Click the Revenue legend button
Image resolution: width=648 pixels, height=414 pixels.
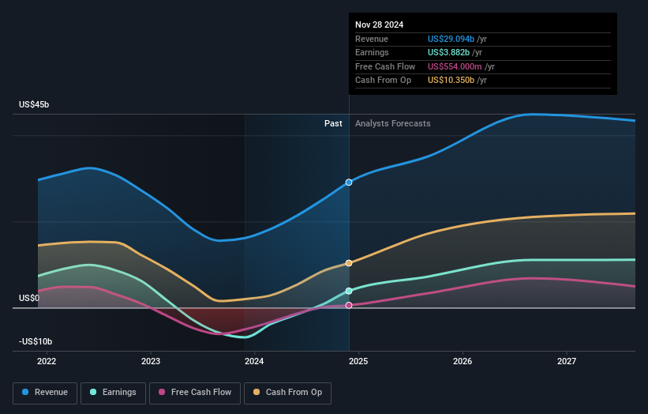point(46,392)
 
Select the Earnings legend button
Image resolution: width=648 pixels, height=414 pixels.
point(113,392)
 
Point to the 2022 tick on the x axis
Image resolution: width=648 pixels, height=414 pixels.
point(47,362)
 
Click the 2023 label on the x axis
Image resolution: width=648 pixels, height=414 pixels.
point(151,362)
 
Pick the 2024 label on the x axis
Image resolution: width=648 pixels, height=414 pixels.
point(254,362)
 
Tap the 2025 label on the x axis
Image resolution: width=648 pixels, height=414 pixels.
point(358,362)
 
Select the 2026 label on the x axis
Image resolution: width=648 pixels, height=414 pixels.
point(463,362)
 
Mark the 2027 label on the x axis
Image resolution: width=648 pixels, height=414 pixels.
point(566,362)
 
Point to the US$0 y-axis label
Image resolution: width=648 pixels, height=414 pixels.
point(31,299)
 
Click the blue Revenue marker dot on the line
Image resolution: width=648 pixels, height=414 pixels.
point(349,183)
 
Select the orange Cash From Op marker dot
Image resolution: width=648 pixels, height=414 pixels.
point(349,263)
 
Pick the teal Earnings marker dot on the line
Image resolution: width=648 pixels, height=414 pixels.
point(349,291)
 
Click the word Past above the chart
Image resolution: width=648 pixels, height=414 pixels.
point(333,123)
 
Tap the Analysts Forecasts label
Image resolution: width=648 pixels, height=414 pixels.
point(393,123)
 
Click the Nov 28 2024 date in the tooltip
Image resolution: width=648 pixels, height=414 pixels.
point(379,24)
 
